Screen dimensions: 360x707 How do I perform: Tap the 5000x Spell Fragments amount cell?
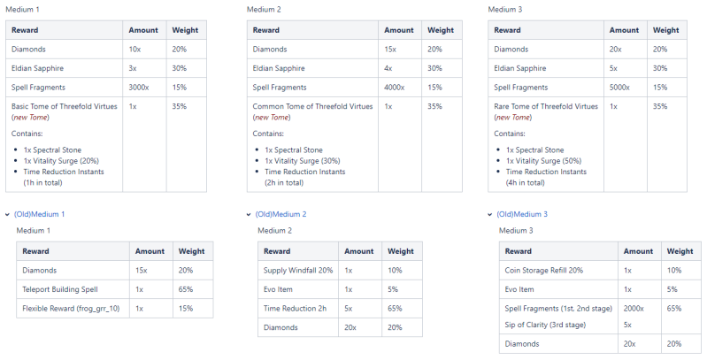(622, 88)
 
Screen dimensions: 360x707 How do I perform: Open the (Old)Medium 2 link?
(280, 214)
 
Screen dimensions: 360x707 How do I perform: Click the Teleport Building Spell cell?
(59, 289)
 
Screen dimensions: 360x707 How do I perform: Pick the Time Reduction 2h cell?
(295, 308)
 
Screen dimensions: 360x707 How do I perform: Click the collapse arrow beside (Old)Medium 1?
(7, 214)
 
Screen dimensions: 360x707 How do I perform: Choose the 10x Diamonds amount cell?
(134, 50)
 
